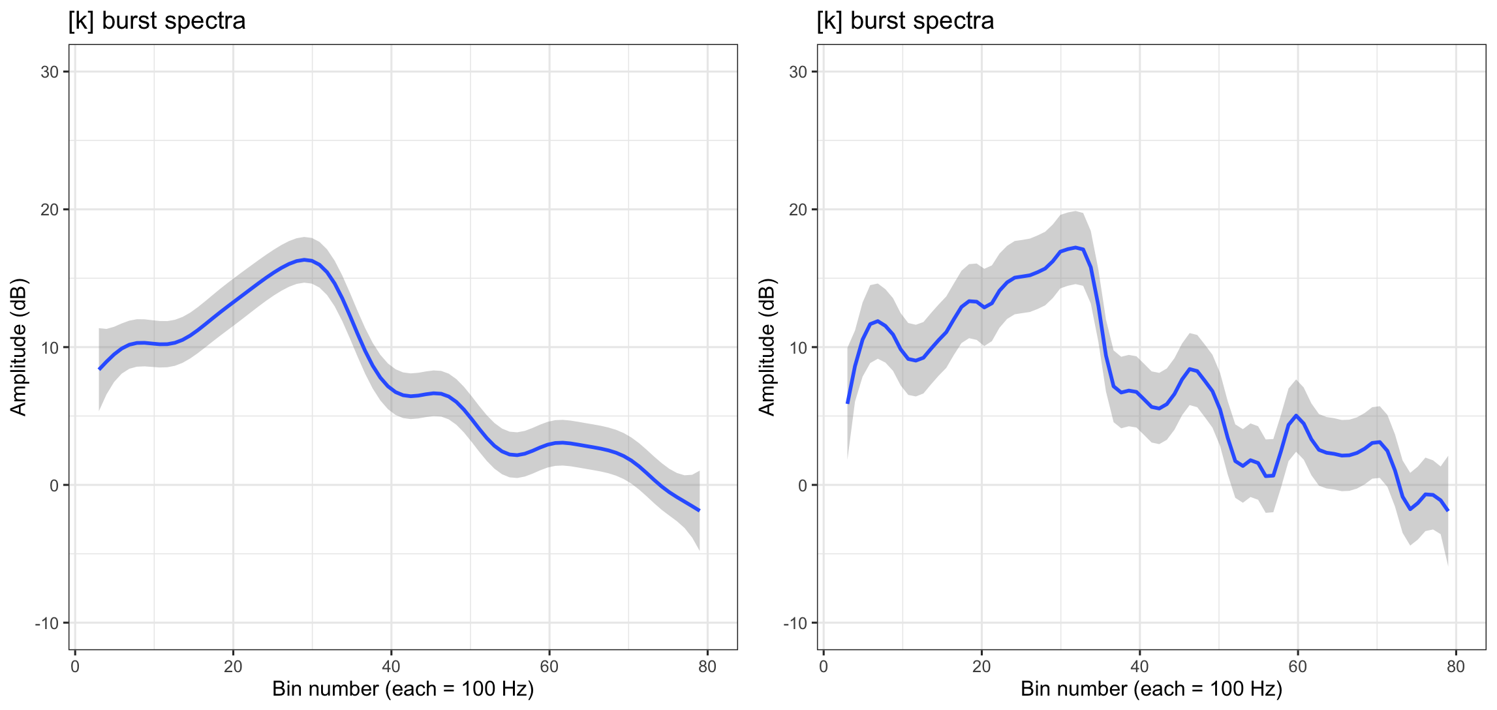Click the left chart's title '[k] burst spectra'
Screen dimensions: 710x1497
point(157,21)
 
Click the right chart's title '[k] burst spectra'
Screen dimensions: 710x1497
point(905,21)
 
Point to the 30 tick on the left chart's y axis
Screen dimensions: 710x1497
point(50,72)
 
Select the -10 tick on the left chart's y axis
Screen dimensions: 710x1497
point(47,623)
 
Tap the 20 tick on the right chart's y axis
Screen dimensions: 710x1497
point(798,209)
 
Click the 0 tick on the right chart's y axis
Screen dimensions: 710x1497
point(802,486)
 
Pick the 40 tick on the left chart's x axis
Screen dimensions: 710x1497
point(391,667)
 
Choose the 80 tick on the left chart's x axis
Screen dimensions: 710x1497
point(707,667)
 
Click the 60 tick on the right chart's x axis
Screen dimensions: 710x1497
point(1297,667)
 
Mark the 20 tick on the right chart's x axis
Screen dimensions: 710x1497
point(981,667)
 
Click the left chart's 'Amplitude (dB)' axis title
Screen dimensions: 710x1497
point(18,347)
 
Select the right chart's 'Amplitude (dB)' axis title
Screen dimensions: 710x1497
point(767,347)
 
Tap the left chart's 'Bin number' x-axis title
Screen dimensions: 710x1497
point(403,690)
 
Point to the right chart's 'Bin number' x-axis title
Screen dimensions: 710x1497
point(1151,690)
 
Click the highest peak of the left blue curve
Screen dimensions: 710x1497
point(304,260)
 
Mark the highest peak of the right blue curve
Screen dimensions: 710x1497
point(1075,248)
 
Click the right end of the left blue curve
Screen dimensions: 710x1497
point(699,510)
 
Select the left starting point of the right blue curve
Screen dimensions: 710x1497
point(848,403)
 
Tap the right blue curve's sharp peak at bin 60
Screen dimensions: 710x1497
point(1296,416)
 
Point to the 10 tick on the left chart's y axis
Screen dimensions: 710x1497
point(50,347)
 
